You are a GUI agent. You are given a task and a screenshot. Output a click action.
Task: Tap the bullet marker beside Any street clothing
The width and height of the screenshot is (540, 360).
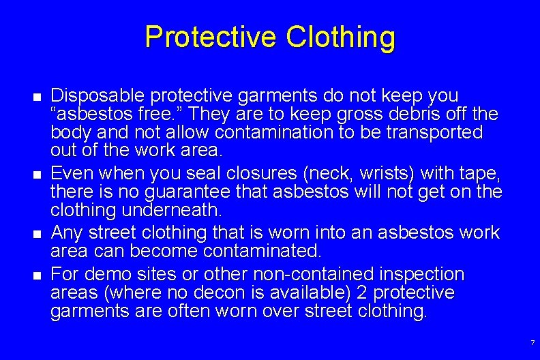point(37,234)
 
